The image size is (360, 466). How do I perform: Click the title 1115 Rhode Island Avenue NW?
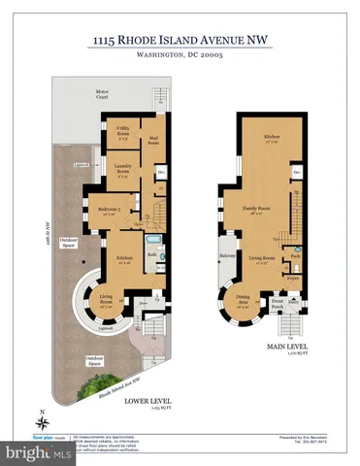[180, 39]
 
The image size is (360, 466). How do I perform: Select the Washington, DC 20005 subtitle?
[180, 55]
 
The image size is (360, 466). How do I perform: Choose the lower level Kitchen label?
[124, 258]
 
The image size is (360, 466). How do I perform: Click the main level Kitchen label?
[274, 139]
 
